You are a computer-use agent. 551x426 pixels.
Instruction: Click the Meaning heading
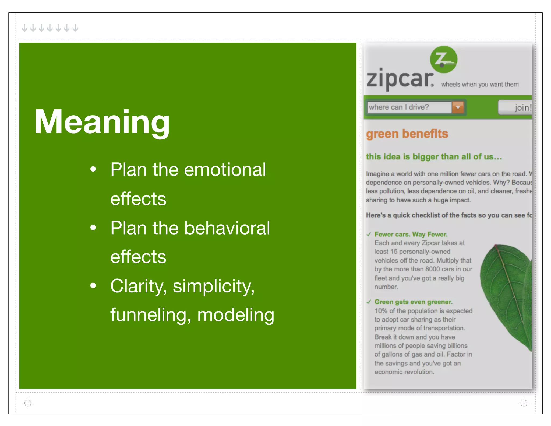pyautogui.click(x=102, y=122)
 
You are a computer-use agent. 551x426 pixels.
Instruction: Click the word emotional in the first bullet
pyautogui.click(x=225, y=170)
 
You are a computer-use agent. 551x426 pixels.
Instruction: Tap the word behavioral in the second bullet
pyautogui.click(x=227, y=228)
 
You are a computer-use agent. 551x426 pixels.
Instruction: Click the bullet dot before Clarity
pyautogui.click(x=93, y=286)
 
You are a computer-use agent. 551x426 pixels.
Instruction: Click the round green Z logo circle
pyautogui.click(x=443, y=60)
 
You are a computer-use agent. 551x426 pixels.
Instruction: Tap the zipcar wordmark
pyautogui.click(x=400, y=79)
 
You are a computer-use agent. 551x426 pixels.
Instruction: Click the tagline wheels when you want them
pyautogui.click(x=480, y=85)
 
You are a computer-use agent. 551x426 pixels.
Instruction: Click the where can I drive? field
pyautogui.click(x=409, y=107)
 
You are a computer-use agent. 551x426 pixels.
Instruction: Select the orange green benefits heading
pyautogui.click(x=407, y=134)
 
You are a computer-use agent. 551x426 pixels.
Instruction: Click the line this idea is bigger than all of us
pyautogui.click(x=434, y=157)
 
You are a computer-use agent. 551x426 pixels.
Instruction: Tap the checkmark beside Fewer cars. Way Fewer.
pyautogui.click(x=369, y=234)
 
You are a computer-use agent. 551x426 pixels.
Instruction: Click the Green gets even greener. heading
pyautogui.click(x=413, y=302)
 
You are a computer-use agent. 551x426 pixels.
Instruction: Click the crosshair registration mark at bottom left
pyautogui.click(x=28, y=403)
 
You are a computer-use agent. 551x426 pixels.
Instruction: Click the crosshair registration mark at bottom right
pyautogui.click(x=524, y=403)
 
